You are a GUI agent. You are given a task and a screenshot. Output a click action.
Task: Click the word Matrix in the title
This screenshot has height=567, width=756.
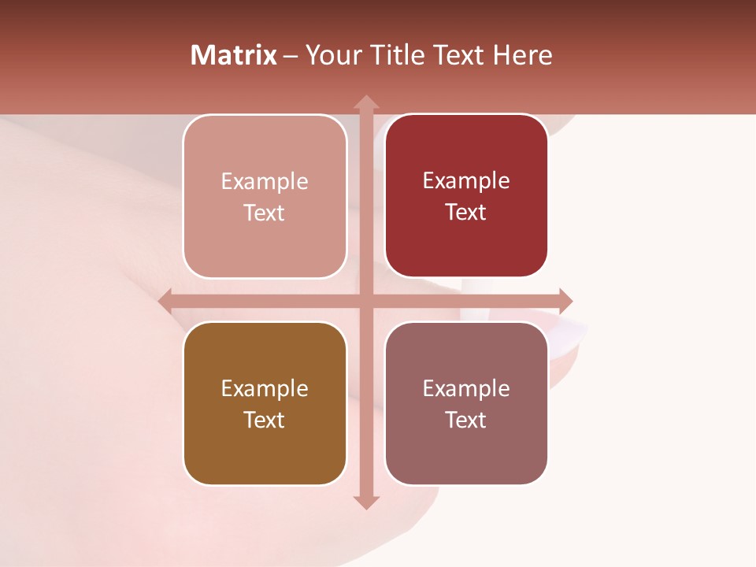[234, 55]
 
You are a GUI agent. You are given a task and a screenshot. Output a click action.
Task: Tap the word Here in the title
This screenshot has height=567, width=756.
[522, 55]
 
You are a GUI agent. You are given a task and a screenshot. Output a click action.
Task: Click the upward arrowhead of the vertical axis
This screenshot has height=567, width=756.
[366, 102]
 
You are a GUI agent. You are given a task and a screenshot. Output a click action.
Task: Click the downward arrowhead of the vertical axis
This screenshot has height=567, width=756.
[366, 502]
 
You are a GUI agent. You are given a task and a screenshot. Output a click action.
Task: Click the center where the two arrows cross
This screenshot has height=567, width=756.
[366, 301]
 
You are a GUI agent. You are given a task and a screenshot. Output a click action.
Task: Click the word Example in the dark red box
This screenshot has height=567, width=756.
[466, 181]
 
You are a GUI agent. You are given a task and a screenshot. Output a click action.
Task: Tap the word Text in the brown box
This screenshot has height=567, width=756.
[265, 420]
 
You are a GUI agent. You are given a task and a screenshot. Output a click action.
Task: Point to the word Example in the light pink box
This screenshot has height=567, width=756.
[265, 182]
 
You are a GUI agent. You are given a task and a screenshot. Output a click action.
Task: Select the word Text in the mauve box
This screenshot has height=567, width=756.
[466, 420]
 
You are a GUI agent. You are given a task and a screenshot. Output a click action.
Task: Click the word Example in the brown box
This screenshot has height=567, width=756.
[265, 389]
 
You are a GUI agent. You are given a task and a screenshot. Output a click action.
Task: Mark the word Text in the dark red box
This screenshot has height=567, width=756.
[466, 212]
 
